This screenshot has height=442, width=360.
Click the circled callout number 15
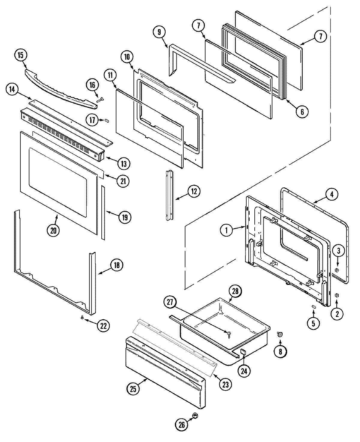tap(20, 56)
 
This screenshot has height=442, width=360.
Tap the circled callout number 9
tap(159, 32)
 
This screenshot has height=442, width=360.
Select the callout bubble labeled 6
tap(302, 112)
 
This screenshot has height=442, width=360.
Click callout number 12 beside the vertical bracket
tap(194, 191)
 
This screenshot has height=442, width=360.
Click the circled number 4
tap(331, 194)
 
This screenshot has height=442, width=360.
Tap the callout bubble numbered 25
tap(133, 389)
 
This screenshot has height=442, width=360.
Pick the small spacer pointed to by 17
tap(106, 120)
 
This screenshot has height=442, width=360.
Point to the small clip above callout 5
tap(313, 306)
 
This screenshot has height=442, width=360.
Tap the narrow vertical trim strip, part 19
tap(103, 213)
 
